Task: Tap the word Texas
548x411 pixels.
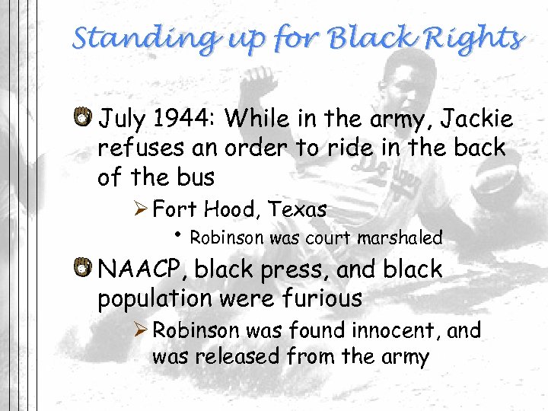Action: (x=298, y=209)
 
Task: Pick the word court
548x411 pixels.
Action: (x=327, y=237)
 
